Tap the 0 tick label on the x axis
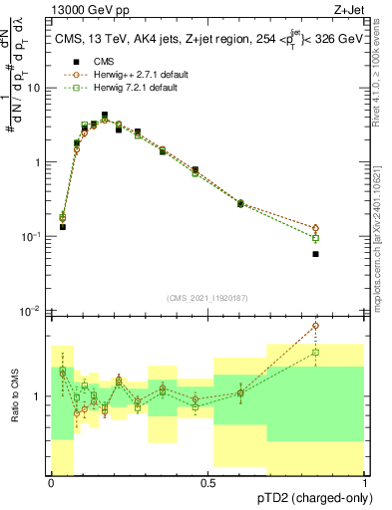pos(51,483)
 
